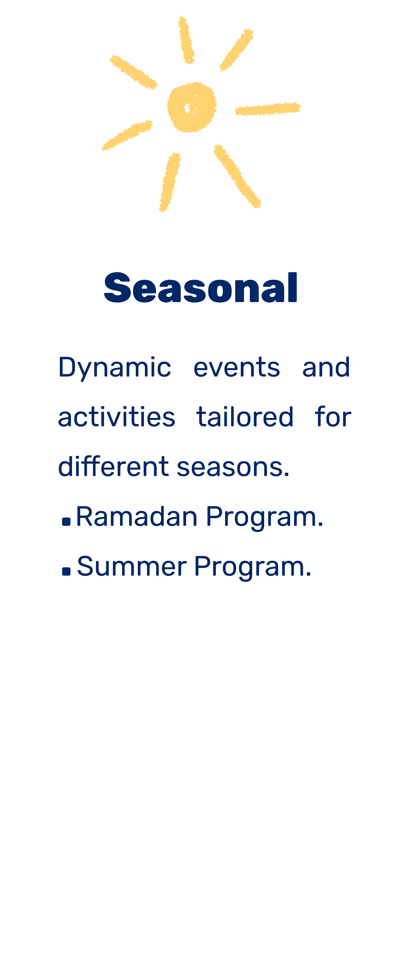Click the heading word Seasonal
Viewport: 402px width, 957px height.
tap(200, 287)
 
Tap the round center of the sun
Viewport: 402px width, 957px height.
tap(192, 107)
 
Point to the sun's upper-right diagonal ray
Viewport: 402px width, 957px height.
tap(236, 50)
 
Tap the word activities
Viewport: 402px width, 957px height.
tap(117, 417)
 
